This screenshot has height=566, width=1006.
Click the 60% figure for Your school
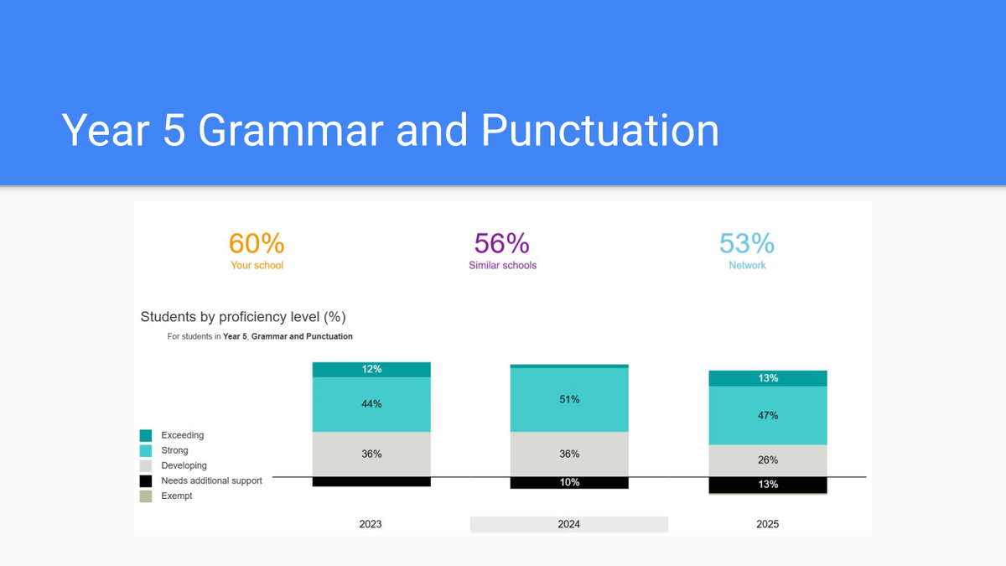pos(257,243)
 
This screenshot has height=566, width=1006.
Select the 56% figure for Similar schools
pos(502,243)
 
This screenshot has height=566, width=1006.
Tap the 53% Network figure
pos(747,243)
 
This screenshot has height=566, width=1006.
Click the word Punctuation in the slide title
pos(600,130)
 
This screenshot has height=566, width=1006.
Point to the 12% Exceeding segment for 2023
pos(371,370)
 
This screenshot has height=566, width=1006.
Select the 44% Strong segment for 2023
pos(371,404)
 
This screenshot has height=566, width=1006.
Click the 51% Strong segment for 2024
pos(569,400)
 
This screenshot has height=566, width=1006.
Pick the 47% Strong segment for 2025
pos(768,416)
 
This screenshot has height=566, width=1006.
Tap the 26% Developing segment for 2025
pos(768,460)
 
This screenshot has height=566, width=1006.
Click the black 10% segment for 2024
pos(569,483)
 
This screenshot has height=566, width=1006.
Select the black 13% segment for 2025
pos(768,486)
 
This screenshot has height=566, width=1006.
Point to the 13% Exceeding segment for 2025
pos(768,378)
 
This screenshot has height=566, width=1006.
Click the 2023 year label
pos(371,524)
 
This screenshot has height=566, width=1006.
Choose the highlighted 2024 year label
pos(569,524)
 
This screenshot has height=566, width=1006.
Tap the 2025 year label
pos(768,524)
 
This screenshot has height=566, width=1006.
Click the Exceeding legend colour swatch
pos(146,435)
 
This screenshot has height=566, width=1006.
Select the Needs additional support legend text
pos(211,480)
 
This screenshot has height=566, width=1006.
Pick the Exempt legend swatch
pos(146,496)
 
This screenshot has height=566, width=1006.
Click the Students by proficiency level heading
pos(243,317)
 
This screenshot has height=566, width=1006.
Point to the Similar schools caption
pos(502,266)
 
